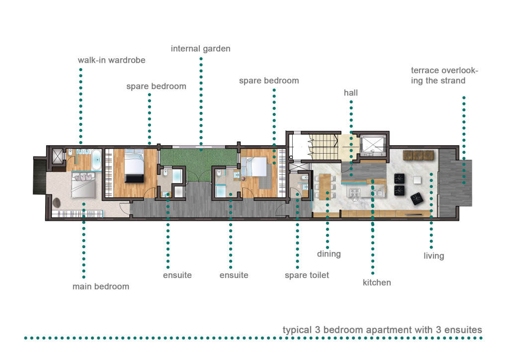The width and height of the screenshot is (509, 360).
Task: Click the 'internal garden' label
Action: click(201, 49)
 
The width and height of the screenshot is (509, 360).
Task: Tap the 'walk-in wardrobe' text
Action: click(111, 60)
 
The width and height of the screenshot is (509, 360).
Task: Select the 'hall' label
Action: click(350, 93)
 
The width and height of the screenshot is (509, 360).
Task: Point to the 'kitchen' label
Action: click(377, 282)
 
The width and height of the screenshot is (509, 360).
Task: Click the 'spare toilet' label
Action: click(307, 275)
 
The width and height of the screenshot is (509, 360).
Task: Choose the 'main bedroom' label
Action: click(100, 286)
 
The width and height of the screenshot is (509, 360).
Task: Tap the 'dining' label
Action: click(329, 254)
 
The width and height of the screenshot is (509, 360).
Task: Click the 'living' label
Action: click(433, 256)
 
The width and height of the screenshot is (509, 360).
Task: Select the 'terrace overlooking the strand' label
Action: click(444, 75)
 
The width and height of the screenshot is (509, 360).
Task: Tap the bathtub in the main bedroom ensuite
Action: click(97, 160)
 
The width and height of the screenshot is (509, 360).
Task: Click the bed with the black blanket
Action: click(134, 166)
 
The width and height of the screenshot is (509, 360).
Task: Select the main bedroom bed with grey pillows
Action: click(84, 184)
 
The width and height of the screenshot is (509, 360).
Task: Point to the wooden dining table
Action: click(325, 186)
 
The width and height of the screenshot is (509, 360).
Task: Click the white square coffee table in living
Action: click(417, 180)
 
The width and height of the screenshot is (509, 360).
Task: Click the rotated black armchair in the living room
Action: click(417, 198)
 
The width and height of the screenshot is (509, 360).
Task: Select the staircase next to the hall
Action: click(323, 147)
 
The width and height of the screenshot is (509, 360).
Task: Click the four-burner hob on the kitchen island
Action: click(354, 192)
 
